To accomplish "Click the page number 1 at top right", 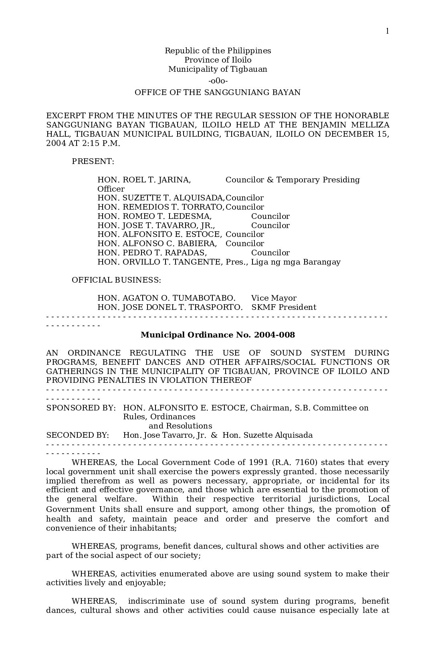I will tap(387, 31).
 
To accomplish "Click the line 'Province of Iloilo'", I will tap(218, 60).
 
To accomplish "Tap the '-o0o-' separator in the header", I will tap(218, 81).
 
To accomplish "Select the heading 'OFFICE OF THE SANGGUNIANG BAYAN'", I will tap(218, 93).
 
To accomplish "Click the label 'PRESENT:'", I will tap(93, 162).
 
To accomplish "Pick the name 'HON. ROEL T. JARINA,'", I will tap(144, 180).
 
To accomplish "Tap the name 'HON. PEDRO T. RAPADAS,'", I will tap(152, 253).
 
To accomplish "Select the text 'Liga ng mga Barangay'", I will tap(296, 262).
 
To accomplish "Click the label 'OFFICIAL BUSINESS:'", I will tap(116, 280).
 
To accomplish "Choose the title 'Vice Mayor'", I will tap(274, 298).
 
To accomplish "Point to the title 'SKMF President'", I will tap(284, 307).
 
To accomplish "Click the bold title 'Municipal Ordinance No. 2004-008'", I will tap(218, 335).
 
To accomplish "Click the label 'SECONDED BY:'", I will tap(77, 435).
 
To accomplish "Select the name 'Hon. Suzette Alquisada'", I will tap(267, 435).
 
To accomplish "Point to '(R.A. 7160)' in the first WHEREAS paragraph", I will tap(294, 463).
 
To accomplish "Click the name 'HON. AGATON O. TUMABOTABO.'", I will tap(166, 298).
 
